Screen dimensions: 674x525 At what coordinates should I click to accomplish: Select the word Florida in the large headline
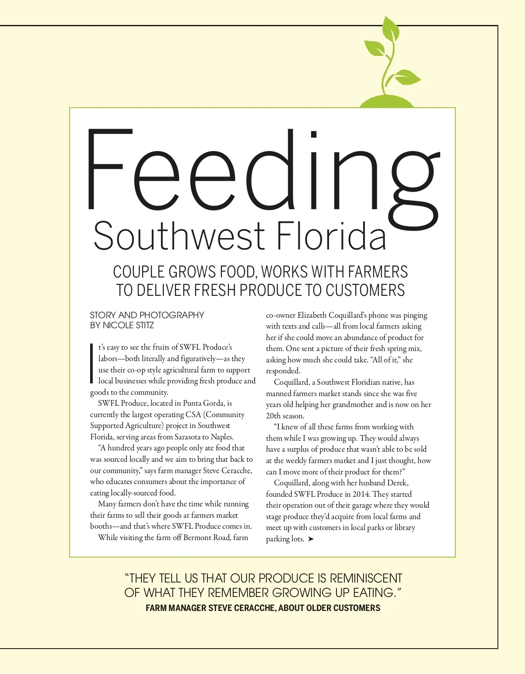point(332,236)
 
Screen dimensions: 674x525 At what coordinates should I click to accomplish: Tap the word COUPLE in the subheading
point(139,272)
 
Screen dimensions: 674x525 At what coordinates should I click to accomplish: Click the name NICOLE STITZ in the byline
point(128,325)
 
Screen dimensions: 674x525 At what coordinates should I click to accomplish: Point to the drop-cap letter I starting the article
point(92,363)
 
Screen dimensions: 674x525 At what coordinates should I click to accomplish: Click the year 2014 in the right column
point(360,494)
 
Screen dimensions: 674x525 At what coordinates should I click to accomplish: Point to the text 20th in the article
point(274,416)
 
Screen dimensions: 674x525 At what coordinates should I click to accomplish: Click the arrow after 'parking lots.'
point(311,539)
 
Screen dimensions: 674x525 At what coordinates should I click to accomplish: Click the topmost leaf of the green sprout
point(390,30)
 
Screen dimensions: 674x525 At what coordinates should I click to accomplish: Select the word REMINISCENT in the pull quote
point(365,578)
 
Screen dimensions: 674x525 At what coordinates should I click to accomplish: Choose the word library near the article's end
point(402,527)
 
